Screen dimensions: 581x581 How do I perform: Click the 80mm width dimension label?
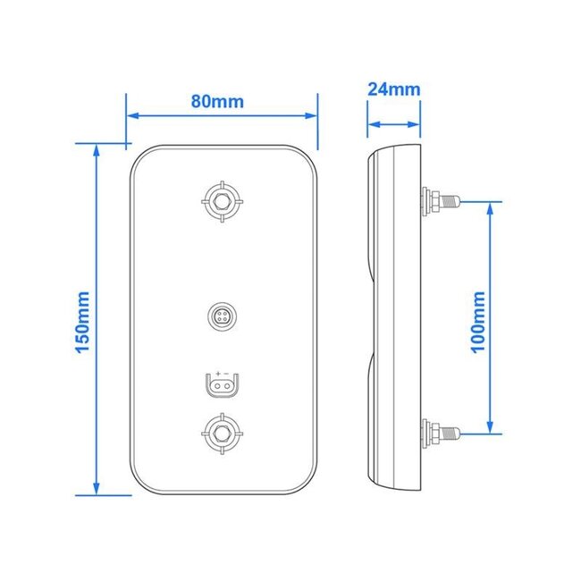pyautogui.click(x=217, y=100)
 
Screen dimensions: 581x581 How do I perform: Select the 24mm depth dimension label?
pyautogui.click(x=393, y=89)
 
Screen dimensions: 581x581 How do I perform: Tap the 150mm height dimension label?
pyautogui.click(x=83, y=319)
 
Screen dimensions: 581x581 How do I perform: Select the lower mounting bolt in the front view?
pyautogui.click(x=220, y=435)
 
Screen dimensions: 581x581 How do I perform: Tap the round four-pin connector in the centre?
pyautogui.click(x=220, y=316)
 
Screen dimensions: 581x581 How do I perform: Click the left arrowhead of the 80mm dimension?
pyautogui.click(x=131, y=115)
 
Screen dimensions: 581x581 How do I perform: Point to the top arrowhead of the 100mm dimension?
pyautogui.click(x=491, y=206)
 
